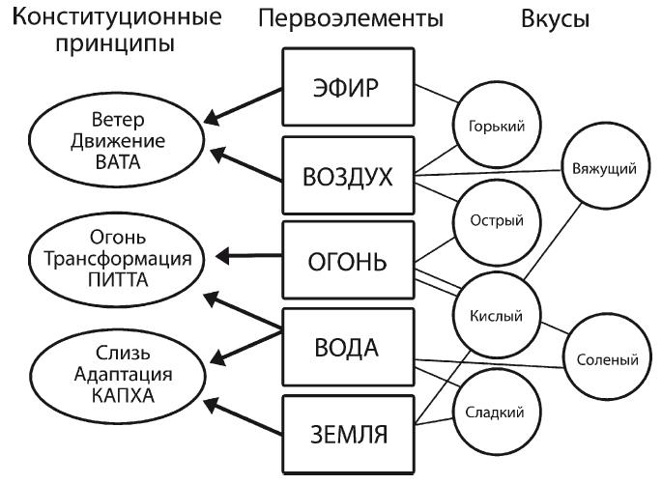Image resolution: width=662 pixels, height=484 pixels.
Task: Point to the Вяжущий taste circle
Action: click(x=604, y=169)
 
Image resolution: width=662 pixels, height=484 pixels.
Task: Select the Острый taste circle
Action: click(x=489, y=219)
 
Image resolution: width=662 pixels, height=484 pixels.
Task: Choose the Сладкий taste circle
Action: click(x=489, y=412)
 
